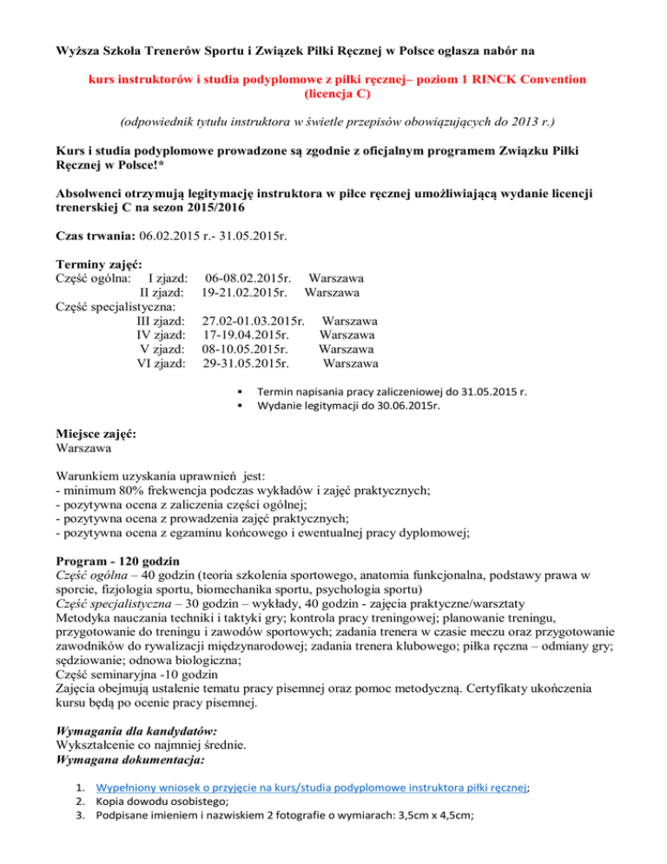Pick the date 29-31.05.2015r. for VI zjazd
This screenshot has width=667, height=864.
point(246,362)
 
